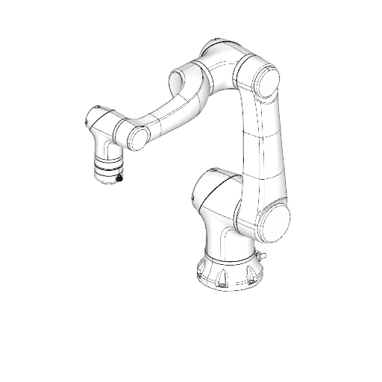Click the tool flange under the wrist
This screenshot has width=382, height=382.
[x=107, y=172]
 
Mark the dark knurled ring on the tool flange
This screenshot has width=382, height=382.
[x=107, y=169]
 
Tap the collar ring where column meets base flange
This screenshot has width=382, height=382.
[x=228, y=259]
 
